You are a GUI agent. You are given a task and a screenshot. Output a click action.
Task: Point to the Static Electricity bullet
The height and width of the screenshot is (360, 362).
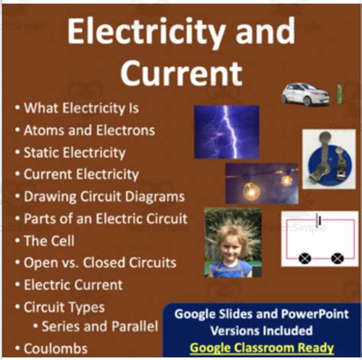[x=74, y=152]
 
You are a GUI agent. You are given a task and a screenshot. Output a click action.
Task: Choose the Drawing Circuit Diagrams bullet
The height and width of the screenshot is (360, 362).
[x=103, y=196]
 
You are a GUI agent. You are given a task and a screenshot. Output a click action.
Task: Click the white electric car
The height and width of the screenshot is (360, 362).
[x=302, y=93]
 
